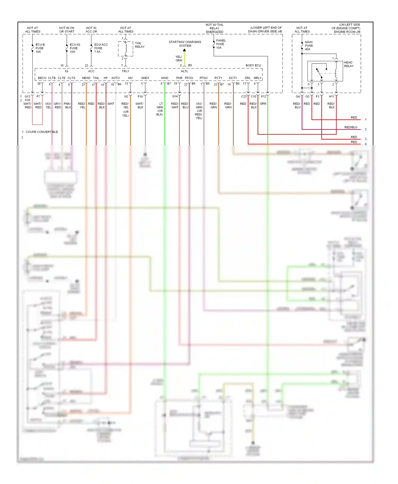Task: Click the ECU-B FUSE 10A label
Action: [40, 48]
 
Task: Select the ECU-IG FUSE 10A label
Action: [75, 48]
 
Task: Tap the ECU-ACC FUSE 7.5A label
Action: [101, 48]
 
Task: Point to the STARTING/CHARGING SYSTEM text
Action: [185, 44]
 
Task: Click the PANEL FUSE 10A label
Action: [220, 44]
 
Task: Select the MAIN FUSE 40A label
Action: [309, 46]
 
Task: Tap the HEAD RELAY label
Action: [348, 64]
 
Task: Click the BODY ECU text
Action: [253, 65]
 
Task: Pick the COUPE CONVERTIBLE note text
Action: [42, 132]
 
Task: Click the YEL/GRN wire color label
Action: [179, 59]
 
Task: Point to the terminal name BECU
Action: [42, 78]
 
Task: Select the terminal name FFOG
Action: [189, 78]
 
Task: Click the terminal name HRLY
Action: [257, 78]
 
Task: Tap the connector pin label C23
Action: [244, 96]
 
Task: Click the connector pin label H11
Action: [331, 96]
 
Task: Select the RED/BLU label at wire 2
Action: [351, 127]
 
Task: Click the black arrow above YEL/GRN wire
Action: [184, 50]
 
